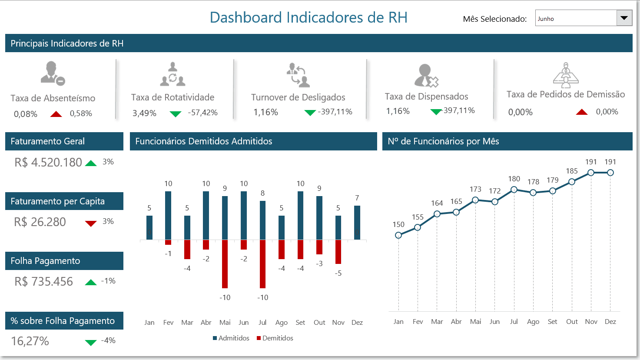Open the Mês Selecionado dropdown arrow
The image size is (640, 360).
coord(624,18)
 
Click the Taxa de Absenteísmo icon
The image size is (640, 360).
coord(52,73)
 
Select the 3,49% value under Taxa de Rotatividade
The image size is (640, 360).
coord(144,113)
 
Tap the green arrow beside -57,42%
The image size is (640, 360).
coord(176,114)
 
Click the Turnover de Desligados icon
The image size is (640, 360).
coord(298,75)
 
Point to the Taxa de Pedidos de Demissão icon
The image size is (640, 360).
coord(566,75)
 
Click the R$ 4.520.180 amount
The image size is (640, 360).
coord(48,163)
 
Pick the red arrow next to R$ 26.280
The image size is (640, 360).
coord(91,223)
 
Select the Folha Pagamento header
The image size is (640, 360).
coord(64,261)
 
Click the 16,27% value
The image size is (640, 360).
coord(30,341)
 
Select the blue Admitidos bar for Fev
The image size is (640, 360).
coord(168,215)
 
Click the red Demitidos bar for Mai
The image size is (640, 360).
coord(225,264)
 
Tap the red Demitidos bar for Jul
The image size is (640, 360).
coord(262,264)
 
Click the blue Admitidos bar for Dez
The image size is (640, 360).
coord(357,223)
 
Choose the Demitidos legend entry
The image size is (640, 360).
coord(275,338)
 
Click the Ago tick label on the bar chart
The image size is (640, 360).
coord(282,323)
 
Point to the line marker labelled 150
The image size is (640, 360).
coord(398,235)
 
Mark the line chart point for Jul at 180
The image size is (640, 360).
coord(514,190)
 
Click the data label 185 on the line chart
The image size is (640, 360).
coord(572,171)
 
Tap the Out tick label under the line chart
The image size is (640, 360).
coord(572,322)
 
